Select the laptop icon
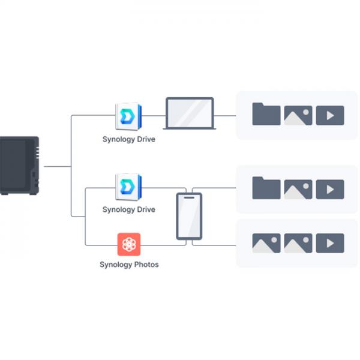point(188,114)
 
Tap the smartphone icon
point(188,217)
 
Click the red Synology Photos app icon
point(129,244)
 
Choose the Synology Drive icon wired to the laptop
point(128,115)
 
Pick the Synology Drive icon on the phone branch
point(128,187)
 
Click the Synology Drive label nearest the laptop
point(128,139)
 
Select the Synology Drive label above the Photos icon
point(128,209)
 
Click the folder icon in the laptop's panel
point(266,114)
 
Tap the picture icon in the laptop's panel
point(298,115)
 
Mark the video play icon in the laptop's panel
point(329,115)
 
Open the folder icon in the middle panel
point(266,188)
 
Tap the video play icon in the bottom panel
point(329,243)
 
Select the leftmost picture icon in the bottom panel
point(266,243)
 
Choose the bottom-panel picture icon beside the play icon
point(298,243)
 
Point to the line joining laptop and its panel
point(225,115)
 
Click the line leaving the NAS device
point(57,166)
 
